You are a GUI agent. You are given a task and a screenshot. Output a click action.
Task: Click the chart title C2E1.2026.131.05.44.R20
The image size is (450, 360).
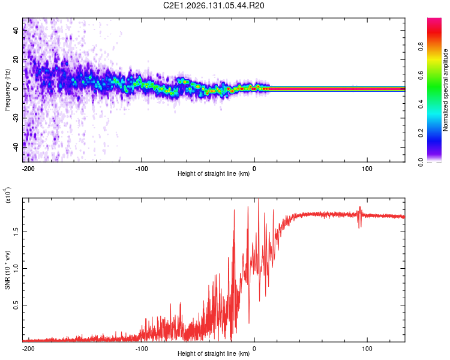pos(214,5)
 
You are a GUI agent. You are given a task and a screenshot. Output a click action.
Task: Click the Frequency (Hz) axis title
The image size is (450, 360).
pos(7,90)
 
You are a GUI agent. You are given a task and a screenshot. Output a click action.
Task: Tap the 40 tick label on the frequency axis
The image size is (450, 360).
pos(16,30)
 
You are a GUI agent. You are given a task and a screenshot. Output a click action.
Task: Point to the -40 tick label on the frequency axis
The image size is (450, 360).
pos(16,148)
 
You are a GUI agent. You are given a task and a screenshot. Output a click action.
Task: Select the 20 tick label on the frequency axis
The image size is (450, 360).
pos(16,59)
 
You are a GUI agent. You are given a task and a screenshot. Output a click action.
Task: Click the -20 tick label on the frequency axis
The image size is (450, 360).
pos(16,118)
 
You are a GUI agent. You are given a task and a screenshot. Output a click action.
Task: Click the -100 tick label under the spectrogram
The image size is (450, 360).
pos(142,169)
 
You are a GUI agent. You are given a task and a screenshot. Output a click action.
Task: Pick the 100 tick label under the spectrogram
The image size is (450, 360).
pos(367,169)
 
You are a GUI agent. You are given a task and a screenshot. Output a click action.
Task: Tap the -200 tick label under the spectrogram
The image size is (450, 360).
pos(28,169)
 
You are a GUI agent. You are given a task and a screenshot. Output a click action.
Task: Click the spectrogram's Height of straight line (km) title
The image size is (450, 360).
pos(214,173)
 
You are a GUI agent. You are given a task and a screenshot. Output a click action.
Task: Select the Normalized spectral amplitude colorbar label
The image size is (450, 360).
pos(445,90)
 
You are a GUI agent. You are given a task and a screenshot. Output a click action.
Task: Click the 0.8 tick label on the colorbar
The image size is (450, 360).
pos(421,46)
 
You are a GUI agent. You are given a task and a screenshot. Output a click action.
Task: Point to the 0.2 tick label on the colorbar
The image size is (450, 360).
pos(421,133)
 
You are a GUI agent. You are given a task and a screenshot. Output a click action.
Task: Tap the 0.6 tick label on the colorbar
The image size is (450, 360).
pos(421,75)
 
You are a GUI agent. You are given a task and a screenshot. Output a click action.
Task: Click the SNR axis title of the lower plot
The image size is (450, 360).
pos(7,270)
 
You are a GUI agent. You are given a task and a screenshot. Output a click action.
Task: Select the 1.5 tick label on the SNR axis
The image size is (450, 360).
pos(16,232)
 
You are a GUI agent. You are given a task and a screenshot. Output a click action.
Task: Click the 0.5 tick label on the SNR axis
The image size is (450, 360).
pos(16,305)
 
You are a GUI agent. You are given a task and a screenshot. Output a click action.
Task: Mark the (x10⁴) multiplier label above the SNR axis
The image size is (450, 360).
pos(7,195)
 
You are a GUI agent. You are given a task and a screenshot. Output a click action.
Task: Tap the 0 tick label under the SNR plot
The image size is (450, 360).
pos(254,349)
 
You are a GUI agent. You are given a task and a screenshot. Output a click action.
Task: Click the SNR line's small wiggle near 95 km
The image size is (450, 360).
pos(359,217)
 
